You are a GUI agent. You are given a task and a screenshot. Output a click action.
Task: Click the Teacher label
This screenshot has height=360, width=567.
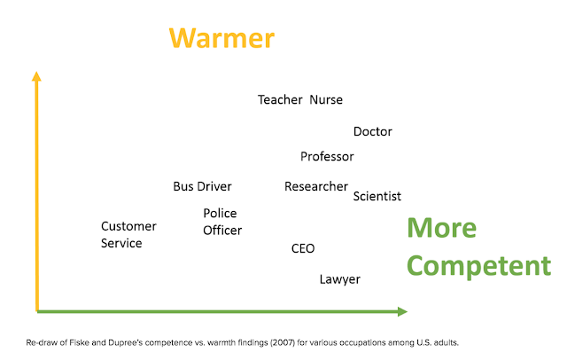tap(280, 99)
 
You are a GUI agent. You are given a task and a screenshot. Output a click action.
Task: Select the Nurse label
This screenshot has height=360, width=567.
tap(326, 99)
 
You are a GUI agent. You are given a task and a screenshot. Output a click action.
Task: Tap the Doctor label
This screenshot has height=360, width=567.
tap(372, 131)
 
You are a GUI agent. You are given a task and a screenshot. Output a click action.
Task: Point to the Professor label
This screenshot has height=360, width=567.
tap(327, 156)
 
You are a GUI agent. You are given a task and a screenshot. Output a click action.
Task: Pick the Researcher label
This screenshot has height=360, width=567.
tap(316, 186)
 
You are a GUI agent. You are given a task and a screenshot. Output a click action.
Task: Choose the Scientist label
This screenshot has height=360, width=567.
tap(377, 196)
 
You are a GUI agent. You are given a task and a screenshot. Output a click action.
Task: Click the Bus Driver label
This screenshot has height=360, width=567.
tap(202, 186)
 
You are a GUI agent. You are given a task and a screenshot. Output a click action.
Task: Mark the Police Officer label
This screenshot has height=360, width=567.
tap(222, 222)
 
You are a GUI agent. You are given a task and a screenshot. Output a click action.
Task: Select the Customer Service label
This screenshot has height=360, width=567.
tap(128, 234)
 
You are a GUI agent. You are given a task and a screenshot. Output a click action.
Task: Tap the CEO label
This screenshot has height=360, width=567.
tap(303, 248)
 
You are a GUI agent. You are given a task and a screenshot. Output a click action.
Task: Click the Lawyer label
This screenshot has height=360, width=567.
tap(340, 279)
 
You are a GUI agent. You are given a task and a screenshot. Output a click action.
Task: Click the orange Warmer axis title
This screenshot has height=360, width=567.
tap(221, 38)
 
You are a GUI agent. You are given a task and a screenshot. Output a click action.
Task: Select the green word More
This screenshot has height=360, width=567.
tap(441, 228)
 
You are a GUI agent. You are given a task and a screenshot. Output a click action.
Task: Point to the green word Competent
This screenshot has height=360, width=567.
tap(478, 266)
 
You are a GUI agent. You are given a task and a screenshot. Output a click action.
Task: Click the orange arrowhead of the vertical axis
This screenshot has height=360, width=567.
tap(36, 76)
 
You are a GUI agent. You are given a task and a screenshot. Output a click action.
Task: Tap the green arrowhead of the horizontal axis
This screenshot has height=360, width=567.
tap(402, 311)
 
